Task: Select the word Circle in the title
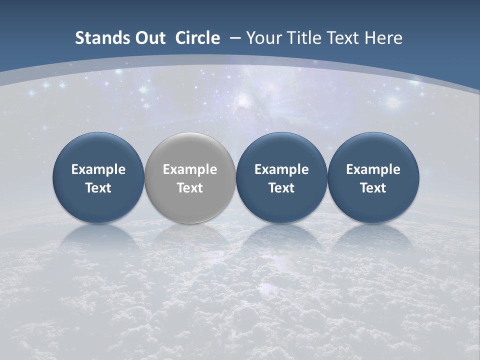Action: [x=197, y=38]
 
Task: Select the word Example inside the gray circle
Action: [x=190, y=170]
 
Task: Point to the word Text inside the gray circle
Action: [x=190, y=188]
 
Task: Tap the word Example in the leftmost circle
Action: [x=98, y=170]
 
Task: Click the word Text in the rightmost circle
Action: [x=373, y=188]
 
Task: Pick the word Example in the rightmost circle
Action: [x=373, y=170]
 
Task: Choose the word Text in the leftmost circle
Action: [x=98, y=188]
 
